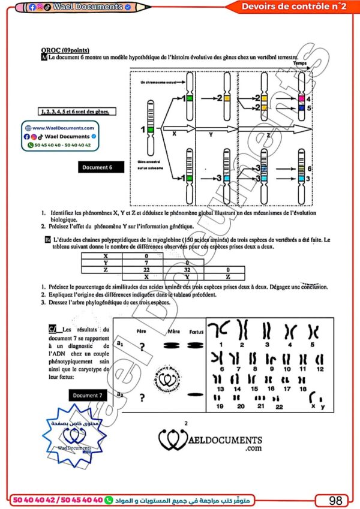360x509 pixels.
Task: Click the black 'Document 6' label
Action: click(102, 168)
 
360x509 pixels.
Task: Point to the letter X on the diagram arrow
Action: click(174, 134)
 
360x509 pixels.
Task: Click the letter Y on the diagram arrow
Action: click(211, 135)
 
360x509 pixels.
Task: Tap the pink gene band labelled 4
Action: click(302, 98)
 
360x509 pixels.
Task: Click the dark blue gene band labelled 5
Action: click(302, 109)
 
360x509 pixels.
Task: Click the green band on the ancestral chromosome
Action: click(152, 129)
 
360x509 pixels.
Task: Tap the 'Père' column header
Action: click(142, 331)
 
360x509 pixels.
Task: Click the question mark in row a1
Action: click(142, 346)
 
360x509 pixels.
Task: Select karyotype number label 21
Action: click(260, 406)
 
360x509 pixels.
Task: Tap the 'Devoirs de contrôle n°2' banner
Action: click(293, 7)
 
